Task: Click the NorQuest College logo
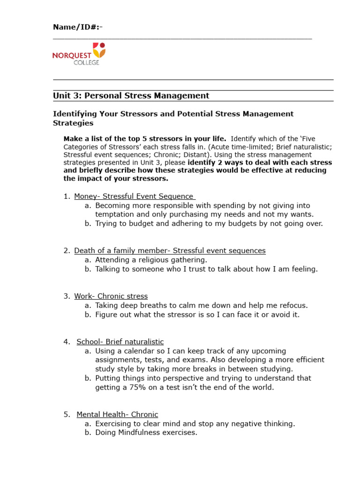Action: tap(79, 53)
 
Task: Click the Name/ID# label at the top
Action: tap(77, 27)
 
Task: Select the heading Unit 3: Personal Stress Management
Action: tap(131, 96)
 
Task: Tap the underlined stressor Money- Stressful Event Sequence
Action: tap(134, 196)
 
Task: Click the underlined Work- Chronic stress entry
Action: tap(111, 296)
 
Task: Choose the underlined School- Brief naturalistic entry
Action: tap(120, 342)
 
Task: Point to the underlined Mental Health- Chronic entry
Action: tap(117, 414)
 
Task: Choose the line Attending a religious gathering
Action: tap(151, 260)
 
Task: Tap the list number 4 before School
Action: tap(66, 342)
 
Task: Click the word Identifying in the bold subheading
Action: tap(75, 114)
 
